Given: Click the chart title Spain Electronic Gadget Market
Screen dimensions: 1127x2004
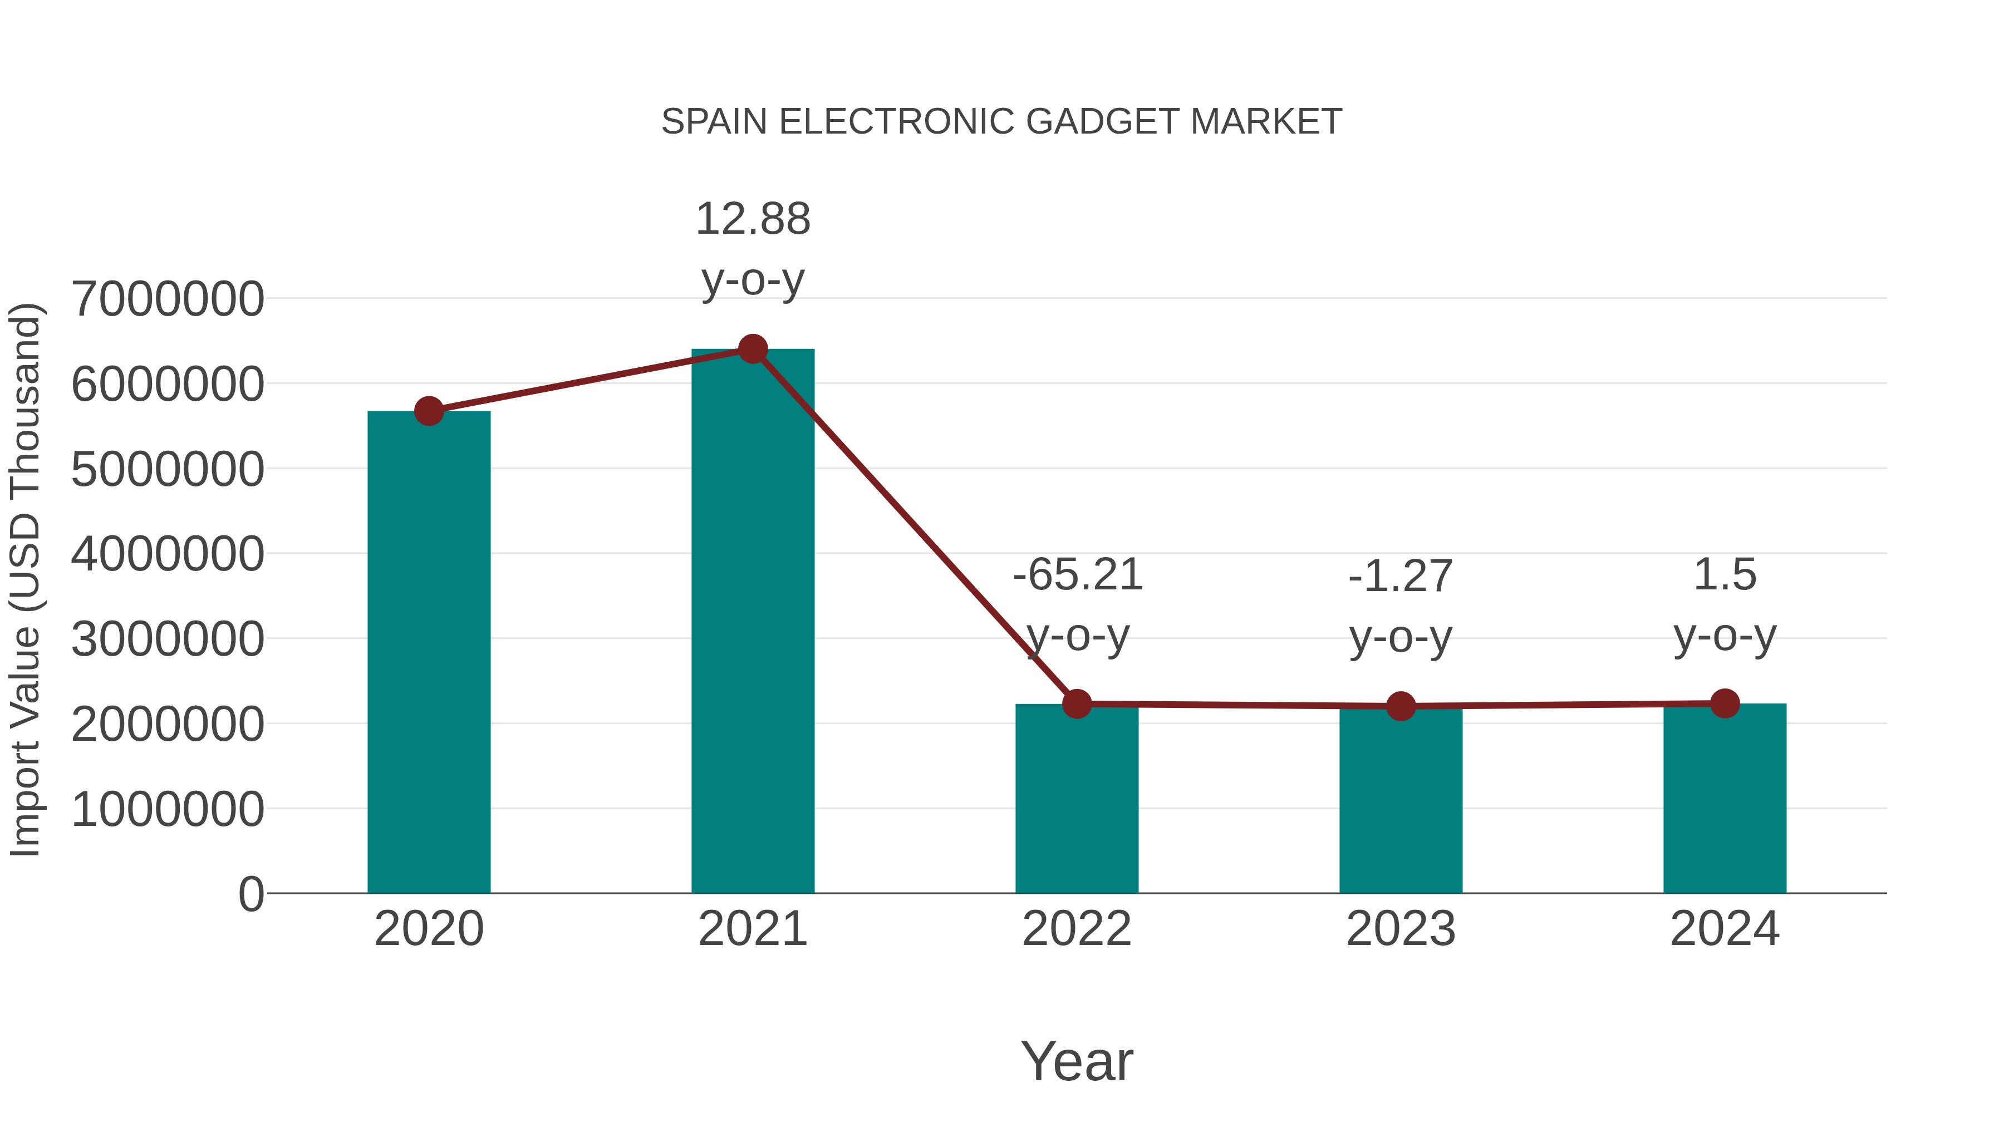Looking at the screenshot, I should tap(1001, 122).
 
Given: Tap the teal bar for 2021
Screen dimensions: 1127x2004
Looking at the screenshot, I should tap(752, 622).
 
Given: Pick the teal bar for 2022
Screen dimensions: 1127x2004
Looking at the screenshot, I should tap(1077, 801).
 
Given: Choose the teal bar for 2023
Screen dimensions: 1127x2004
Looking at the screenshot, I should tap(1401, 801).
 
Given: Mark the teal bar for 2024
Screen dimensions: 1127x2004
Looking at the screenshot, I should tap(1725, 801).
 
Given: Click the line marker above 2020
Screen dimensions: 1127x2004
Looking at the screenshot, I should tap(429, 411).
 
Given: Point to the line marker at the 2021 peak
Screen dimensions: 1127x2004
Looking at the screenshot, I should tap(752, 349).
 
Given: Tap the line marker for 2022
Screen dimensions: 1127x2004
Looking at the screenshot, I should tap(1077, 704).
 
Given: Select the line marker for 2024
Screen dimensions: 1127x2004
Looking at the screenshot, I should tap(1725, 704).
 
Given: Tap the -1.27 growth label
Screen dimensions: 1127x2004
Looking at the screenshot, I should tap(1401, 607).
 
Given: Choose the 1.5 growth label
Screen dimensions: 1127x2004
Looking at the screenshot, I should tap(1725, 605).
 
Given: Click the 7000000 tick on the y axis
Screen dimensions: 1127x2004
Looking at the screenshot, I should tap(167, 299).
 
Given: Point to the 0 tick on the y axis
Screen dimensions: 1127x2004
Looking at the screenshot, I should tap(250, 894).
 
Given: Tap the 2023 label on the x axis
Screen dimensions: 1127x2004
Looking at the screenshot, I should tap(1401, 929).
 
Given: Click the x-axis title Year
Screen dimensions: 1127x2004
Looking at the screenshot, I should tap(1077, 1062).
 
